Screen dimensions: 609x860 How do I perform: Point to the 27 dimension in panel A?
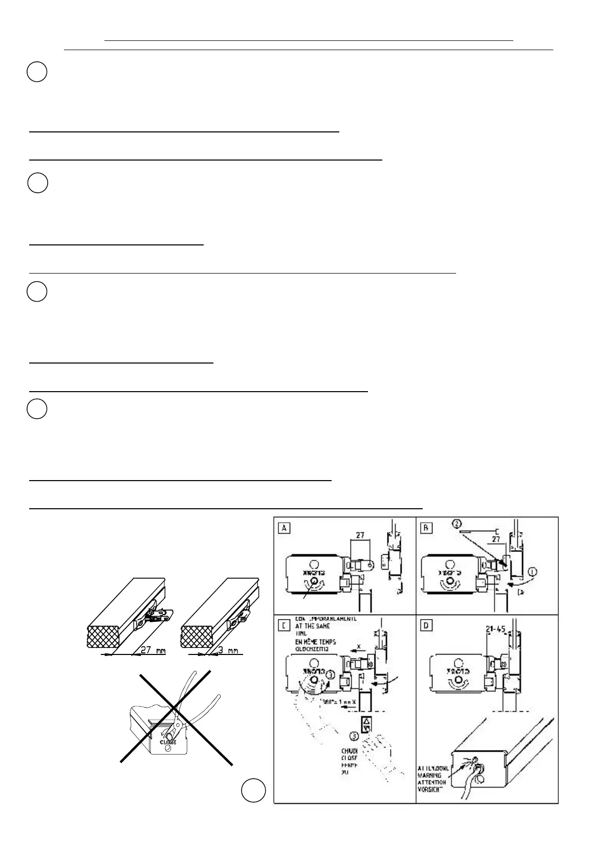360,535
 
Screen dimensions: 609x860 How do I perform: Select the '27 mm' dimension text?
153,651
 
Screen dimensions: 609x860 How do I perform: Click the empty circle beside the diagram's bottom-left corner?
254,790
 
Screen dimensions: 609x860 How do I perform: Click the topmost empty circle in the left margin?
37,72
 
